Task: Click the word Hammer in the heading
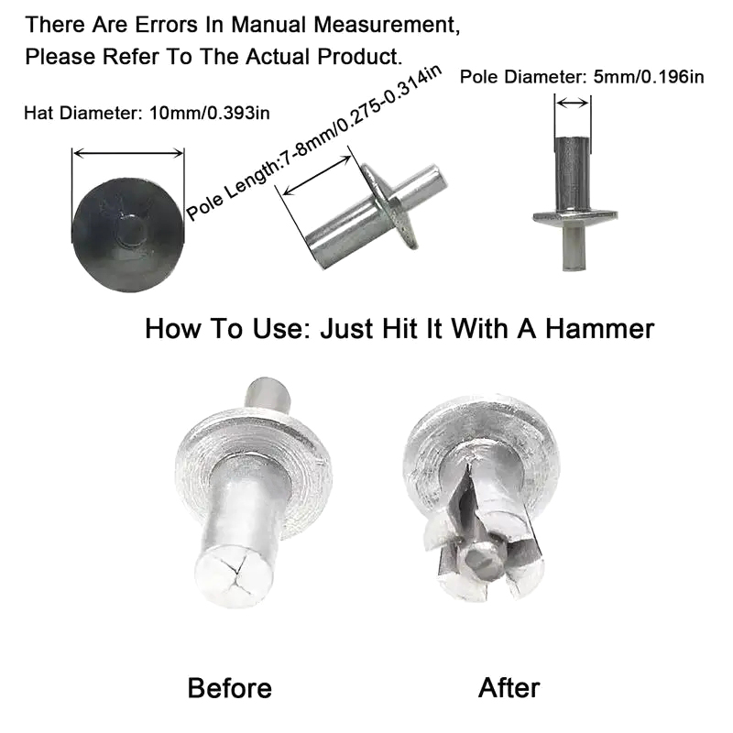600,329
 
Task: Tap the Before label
230,688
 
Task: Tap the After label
509,688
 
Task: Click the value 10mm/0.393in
210,113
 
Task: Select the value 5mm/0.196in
649,77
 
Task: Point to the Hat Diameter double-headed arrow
128,153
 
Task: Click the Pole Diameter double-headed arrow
573,103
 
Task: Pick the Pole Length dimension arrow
317,175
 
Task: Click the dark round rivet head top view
127,235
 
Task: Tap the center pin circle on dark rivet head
129,232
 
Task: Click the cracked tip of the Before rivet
234,578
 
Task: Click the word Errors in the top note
167,25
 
